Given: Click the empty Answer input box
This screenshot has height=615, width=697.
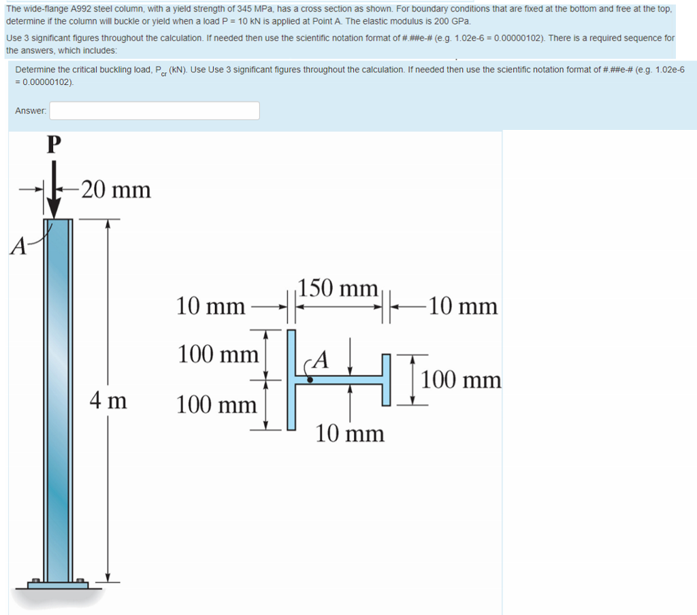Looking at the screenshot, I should [154, 110].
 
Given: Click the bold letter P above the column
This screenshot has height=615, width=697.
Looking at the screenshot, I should [53, 144].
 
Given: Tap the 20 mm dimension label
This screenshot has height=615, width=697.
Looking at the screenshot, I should [116, 190].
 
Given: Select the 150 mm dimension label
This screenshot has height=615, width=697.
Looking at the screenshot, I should [338, 288].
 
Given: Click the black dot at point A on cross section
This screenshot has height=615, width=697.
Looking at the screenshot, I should [310, 381].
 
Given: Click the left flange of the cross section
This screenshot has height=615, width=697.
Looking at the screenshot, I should [291, 380].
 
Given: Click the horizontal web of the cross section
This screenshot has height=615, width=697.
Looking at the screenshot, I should [340, 380].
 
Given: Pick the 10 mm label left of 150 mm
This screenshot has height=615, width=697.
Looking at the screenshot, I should [210, 307].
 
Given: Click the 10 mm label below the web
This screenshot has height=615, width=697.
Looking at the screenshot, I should [350, 433].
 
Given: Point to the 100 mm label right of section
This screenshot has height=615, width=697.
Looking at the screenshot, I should [461, 380].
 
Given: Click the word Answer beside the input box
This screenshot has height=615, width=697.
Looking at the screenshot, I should [31, 110].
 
